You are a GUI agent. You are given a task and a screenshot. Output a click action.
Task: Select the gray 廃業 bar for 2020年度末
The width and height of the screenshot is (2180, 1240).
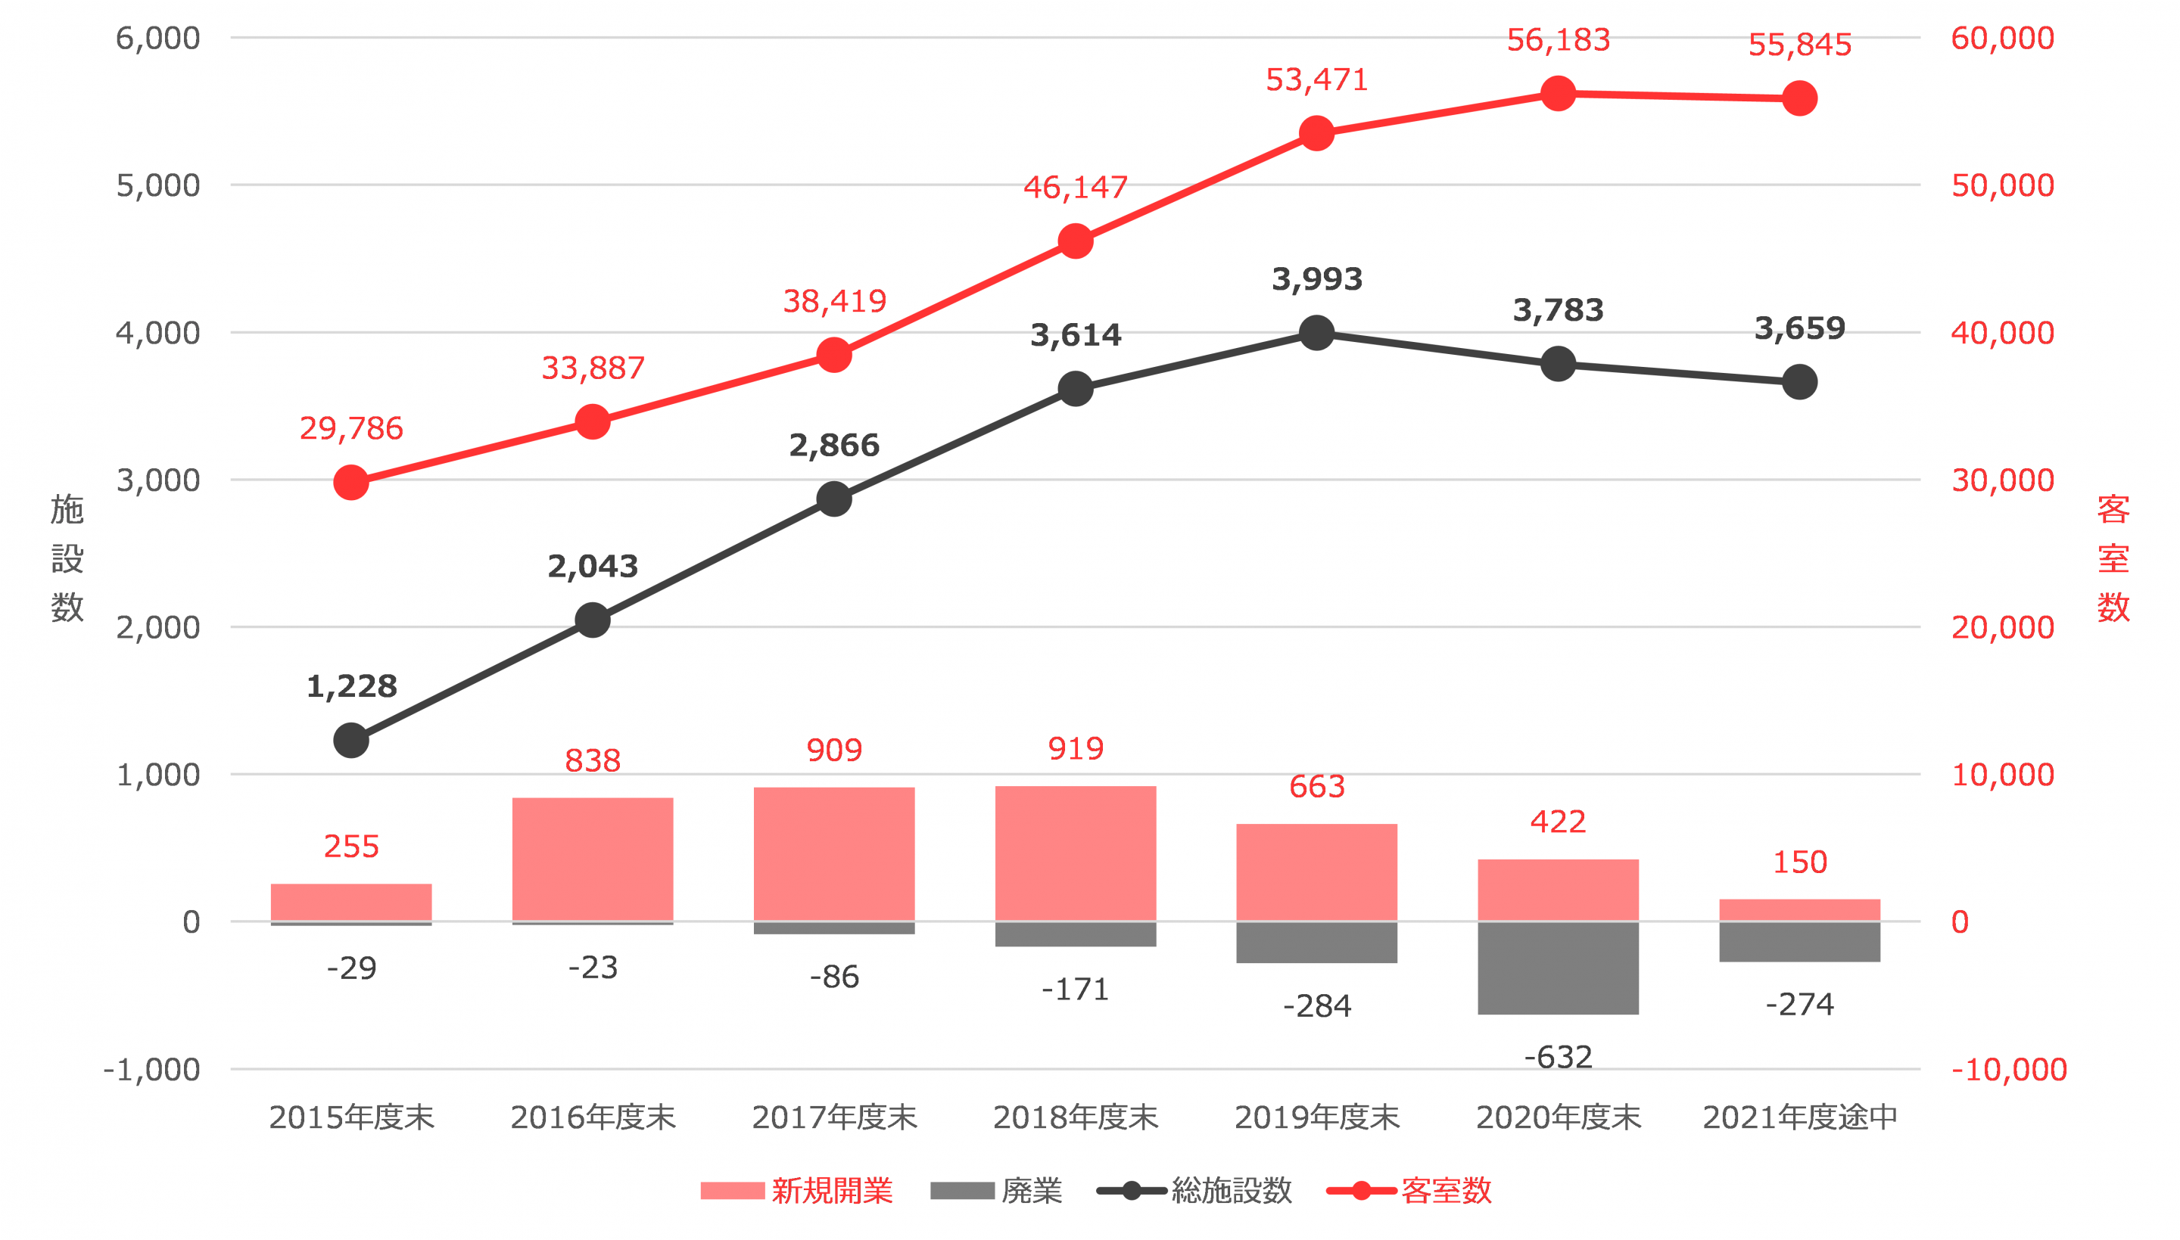1557,968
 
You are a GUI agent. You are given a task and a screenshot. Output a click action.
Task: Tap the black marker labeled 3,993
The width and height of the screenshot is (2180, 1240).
1316,333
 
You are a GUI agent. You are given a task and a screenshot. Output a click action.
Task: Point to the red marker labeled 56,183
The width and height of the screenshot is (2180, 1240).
1557,94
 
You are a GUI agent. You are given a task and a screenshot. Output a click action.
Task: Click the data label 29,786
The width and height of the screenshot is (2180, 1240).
351,428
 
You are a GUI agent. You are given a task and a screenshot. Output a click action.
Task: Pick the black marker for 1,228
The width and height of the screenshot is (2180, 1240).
351,740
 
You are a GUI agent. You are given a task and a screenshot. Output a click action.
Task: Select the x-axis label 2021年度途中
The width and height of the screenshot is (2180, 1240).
1799,1117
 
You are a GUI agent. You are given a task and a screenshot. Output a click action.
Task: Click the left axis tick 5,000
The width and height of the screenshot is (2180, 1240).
158,185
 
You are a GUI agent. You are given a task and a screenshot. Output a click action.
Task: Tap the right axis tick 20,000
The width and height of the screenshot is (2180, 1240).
2002,628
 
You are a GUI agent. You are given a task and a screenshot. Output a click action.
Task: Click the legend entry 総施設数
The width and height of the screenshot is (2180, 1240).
1231,1190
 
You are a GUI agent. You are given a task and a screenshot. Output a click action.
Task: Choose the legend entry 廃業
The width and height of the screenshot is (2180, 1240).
1031,1190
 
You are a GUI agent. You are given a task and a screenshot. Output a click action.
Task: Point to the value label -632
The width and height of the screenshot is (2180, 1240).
1557,1057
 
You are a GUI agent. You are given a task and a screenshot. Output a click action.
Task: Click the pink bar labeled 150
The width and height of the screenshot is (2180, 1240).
1799,909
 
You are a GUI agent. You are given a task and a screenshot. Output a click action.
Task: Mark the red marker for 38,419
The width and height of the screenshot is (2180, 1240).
834,355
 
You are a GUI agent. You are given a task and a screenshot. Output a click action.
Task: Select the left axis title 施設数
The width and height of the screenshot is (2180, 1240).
67,558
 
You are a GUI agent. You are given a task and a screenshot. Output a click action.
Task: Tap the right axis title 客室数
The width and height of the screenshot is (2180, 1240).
2113,558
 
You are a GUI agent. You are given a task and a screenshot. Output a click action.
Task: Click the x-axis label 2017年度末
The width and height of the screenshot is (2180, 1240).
834,1117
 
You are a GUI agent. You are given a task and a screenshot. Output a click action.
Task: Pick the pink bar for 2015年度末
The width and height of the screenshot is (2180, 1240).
351,902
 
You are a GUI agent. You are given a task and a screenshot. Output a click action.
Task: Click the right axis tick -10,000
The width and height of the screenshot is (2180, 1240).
2008,1070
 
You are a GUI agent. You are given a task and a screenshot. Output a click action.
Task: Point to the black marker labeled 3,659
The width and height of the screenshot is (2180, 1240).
1799,381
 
